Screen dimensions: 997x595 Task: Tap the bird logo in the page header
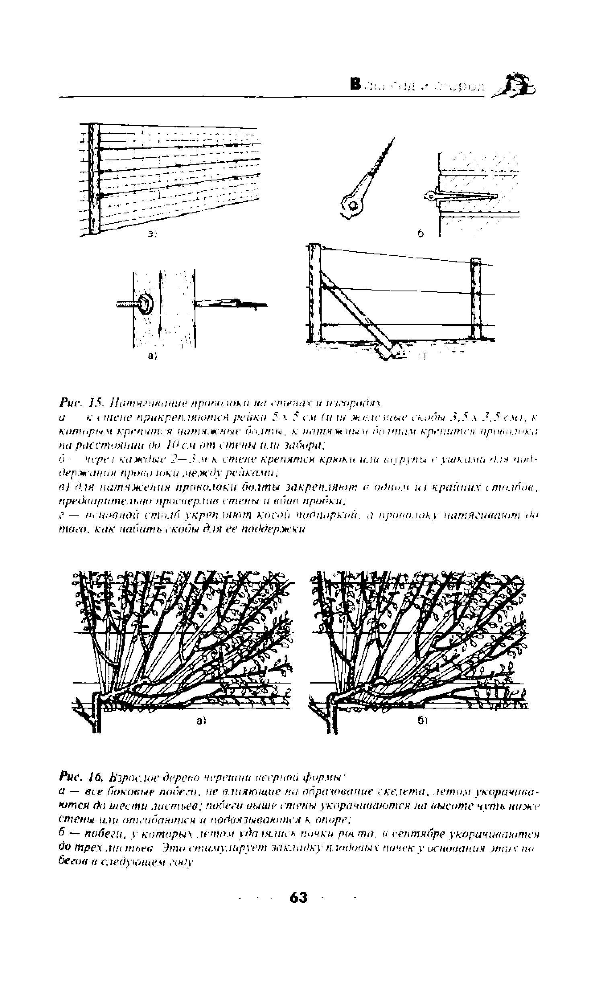(x=517, y=85)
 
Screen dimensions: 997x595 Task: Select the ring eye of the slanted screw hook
(x=353, y=205)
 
